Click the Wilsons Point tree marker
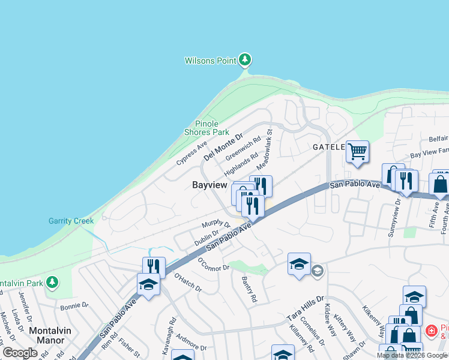[x=244, y=59]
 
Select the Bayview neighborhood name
[x=209, y=185]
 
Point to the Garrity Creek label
[x=71, y=221]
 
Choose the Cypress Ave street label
[x=191, y=154]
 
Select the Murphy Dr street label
[x=216, y=224]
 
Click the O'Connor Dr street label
[x=214, y=263]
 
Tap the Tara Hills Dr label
[x=306, y=307]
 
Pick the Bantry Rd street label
[x=249, y=289]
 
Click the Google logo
[x=20, y=353]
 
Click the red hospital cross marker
[x=430, y=331]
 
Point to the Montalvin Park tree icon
[x=52, y=281]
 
